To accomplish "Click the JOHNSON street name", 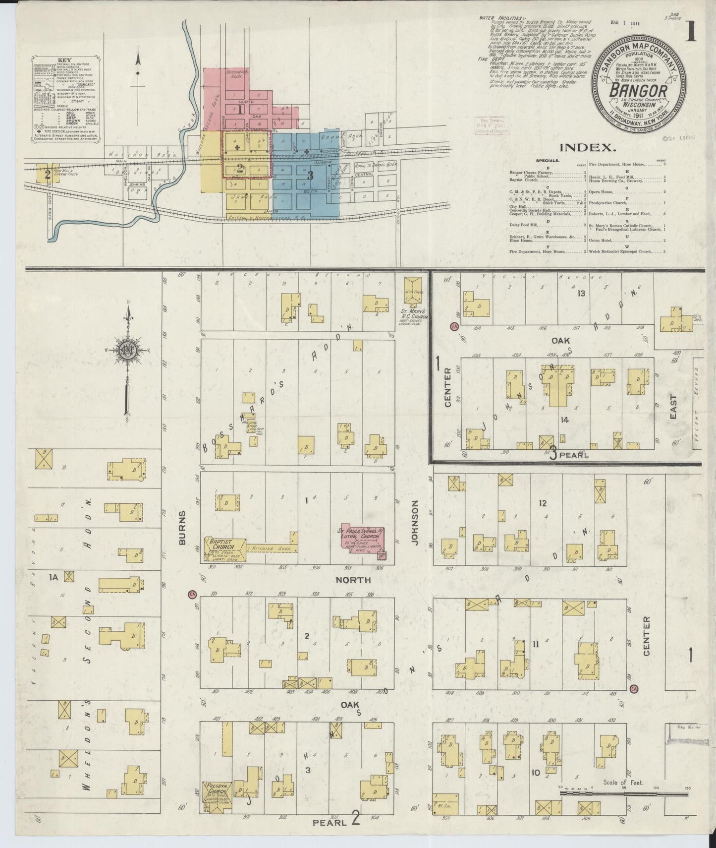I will [x=415, y=523].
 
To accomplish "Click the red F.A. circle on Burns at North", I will [x=192, y=594].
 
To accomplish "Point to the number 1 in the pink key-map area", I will [x=239, y=110].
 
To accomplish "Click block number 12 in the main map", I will [x=542, y=503].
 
